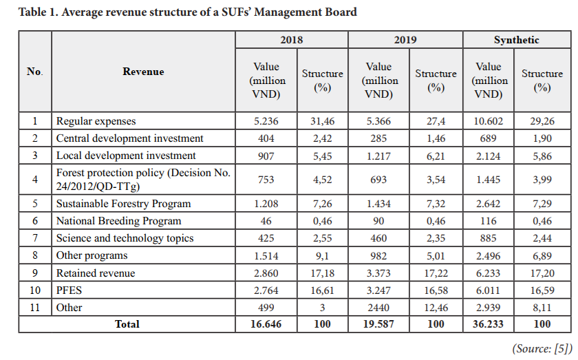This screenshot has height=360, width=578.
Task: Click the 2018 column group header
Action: (x=291, y=40)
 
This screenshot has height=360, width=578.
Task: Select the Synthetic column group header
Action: (x=517, y=40)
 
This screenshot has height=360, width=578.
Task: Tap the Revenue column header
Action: (x=143, y=72)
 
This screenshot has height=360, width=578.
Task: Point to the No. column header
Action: (x=34, y=72)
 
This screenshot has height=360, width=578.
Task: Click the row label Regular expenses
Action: (x=96, y=121)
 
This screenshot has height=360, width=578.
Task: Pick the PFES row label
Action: (x=69, y=290)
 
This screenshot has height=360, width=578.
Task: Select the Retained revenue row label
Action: (x=96, y=273)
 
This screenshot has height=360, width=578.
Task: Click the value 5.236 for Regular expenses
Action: (x=266, y=121)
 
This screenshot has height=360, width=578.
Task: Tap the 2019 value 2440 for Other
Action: (x=378, y=308)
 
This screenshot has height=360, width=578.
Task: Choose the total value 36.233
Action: (x=488, y=324)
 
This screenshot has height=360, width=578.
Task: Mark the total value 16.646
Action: (x=266, y=324)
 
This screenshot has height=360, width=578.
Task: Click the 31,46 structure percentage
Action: (x=322, y=121)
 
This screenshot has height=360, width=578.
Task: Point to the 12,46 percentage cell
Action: (x=436, y=308)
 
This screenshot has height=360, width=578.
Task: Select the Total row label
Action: (x=127, y=324)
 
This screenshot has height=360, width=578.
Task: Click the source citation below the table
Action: (x=542, y=348)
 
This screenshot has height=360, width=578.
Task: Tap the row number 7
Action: (x=35, y=238)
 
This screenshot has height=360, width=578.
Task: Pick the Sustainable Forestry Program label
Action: (x=123, y=204)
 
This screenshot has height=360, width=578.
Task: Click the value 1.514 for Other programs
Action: (x=266, y=255)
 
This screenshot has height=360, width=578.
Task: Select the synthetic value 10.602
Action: (x=488, y=121)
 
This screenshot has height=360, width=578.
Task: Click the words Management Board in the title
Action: (x=306, y=12)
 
